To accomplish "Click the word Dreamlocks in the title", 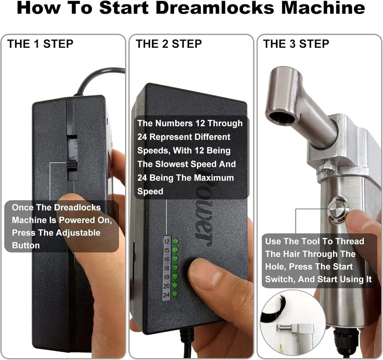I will [x=215, y=8].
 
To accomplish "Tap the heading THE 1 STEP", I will [x=40, y=44].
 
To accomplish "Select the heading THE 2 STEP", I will [x=169, y=44].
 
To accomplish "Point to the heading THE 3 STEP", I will [x=296, y=44].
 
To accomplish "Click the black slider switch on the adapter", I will [x=72, y=165].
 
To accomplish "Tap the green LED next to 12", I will [x=175, y=241].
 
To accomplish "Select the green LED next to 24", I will [x=175, y=294].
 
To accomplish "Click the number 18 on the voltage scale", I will [x=166, y=268].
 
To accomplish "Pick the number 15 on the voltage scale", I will [x=166, y=250].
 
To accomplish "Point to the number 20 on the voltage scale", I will [x=166, y=286].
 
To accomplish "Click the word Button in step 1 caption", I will [x=26, y=245].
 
